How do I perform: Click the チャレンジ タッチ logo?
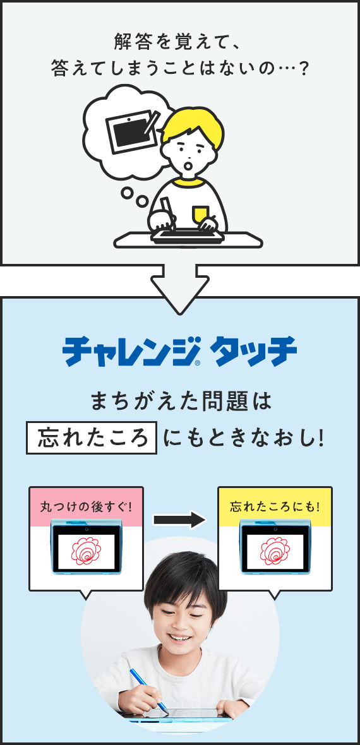180,352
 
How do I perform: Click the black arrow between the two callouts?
180,520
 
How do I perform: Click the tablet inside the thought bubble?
131,131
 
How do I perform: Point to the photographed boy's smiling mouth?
179,637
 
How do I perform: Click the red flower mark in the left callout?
86,550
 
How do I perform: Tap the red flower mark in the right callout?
275,550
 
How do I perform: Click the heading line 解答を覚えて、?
180,44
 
